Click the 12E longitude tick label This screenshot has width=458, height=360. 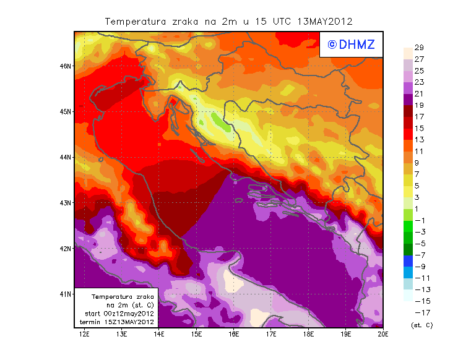coord(84,335)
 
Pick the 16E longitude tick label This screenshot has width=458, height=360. coord(234,335)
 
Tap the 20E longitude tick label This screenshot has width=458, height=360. coord(382,335)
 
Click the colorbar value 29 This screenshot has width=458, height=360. coord(418,48)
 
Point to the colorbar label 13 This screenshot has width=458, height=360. coord(418,140)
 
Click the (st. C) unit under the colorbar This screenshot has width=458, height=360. coord(421,325)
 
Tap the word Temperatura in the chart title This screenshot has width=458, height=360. coord(134,21)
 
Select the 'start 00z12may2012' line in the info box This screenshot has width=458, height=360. coord(119,314)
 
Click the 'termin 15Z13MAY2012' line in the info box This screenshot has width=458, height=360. coord(119,322)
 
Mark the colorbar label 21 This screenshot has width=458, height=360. coord(418,93)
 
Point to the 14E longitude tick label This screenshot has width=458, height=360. coord(159,335)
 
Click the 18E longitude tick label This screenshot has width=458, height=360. coord(308,335)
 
